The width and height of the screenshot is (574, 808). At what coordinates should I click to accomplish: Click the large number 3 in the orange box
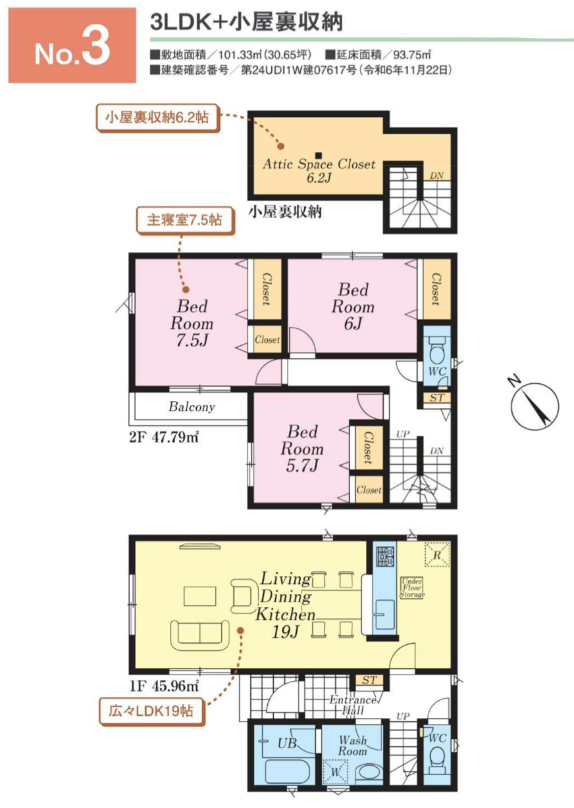[96, 46]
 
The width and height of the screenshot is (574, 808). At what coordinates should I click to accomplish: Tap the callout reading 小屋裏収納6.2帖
[157, 118]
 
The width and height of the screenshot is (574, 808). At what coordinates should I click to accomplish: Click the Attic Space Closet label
[319, 171]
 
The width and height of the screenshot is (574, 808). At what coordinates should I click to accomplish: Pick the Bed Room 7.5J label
[192, 323]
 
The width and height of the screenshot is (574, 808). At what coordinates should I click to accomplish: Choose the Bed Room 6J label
[353, 306]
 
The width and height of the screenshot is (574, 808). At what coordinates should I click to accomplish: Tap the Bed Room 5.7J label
[302, 448]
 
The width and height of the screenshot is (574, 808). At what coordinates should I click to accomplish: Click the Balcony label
[192, 407]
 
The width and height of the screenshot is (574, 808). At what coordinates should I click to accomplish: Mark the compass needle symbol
[535, 405]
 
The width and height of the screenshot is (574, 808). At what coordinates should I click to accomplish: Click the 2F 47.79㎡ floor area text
[164, 437]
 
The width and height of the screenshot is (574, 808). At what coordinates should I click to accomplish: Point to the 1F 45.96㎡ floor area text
[165, 686]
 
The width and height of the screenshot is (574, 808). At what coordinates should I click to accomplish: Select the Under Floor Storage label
[412, 588]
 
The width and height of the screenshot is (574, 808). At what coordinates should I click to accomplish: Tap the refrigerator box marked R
[437, 554]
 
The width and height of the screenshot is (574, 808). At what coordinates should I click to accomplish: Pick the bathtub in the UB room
[288, 772]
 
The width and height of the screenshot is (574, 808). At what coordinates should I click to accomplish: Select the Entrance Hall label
[353, 706]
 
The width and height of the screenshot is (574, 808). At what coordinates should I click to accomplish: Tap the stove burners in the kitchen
[385, 556]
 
